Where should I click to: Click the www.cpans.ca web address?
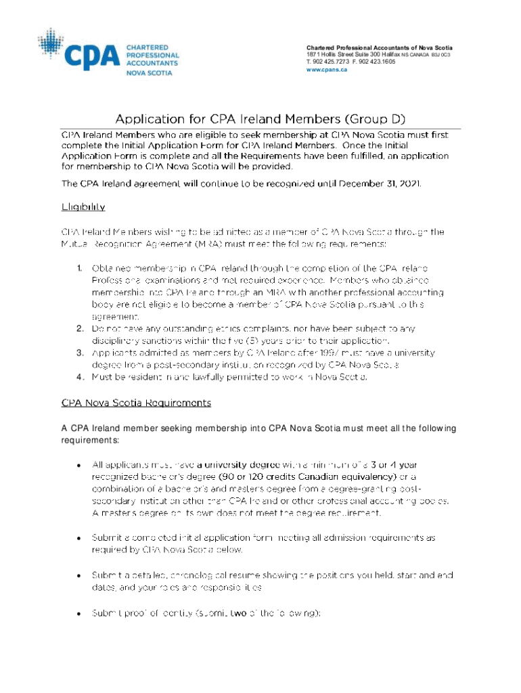pyautogui.click(x=327, y=70)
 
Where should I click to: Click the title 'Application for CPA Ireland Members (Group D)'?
pyautogui.click(x=260, y=118)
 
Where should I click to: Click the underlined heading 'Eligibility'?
pyautogui.click(x=83, y=206)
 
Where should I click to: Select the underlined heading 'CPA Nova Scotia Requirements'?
pyautogui.click(x=136, y=403)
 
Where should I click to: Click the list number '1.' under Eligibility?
pyautogui.click(x=78, y=269)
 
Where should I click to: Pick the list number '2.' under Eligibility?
pyautogui.click(x=78, y=328)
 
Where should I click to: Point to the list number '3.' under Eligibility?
pyautogui.click(x=78, y=353)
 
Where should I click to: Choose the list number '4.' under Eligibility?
pyautogui.click(x=78, y=377)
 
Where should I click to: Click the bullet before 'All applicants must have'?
pyautogui.click(x=79, y=465)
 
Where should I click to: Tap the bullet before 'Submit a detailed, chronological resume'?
pyautogui.click(x=79, y=575)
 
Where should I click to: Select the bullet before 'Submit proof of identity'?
pyautogui.click(x=79, y=614)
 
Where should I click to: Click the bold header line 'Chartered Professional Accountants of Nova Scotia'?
pyautogui.click(x=380, y=47)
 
